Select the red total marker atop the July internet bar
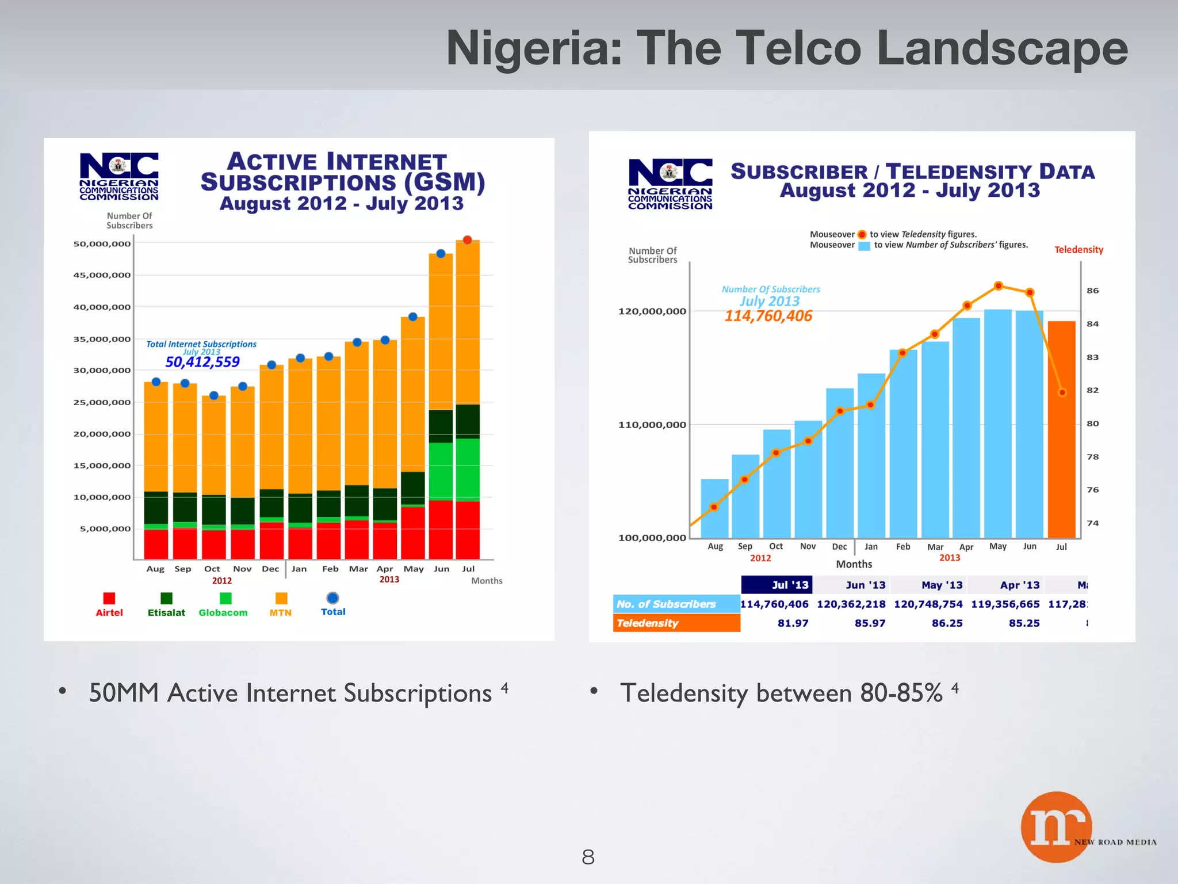click(468, 240)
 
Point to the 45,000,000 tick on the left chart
click(102, 275)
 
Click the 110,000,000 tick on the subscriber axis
click(652, 425)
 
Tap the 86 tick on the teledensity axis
click(1092, 291)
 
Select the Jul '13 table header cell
click(777, 585)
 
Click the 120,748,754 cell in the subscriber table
click(928, 604)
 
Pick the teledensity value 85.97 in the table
click(870, 623)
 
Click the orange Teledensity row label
click(676, 623)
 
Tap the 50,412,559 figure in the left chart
click(202, 362)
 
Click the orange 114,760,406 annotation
click(768, 316)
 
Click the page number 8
click(588, 858)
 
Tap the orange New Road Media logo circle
click(1056, 827)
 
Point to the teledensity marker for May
click(999, 286)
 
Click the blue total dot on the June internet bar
click(441, 254)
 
